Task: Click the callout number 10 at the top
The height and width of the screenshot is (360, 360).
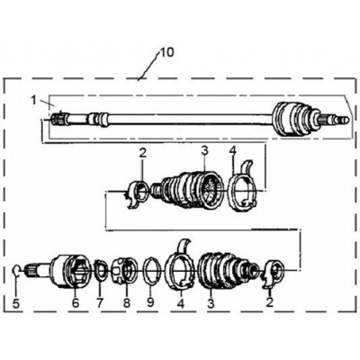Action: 166,53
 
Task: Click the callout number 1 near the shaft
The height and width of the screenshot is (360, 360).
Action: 34,101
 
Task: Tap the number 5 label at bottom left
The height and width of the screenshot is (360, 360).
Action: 16,304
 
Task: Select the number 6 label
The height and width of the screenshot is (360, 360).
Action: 76,302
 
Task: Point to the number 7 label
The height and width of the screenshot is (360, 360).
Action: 100,302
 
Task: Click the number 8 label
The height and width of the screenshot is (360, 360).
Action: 127,302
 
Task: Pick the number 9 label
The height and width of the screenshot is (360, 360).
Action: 150,302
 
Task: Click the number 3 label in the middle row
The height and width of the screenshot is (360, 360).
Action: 204,151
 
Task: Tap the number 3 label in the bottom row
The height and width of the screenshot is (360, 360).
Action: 211,303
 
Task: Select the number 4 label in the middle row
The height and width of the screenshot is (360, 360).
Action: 233,151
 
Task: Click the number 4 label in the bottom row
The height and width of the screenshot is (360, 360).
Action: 181,303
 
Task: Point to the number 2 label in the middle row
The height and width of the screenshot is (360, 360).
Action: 142,153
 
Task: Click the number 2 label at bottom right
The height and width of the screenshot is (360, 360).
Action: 270,302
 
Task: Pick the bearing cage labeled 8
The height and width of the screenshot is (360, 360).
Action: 124,270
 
